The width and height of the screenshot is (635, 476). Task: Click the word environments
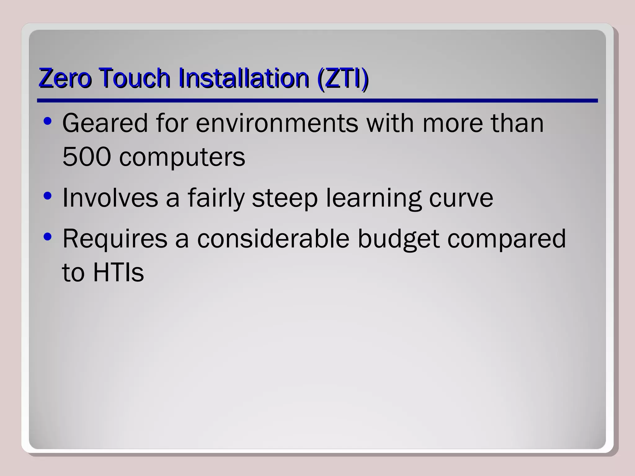click(277, 123)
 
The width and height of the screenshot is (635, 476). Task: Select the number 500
click(87, 156)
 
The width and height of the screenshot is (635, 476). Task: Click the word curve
click(461, 198)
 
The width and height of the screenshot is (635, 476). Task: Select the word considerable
click(273, 239)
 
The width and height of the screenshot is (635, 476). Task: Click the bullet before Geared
click(47, 121)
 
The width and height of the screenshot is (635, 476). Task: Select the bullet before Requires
click(47, 237)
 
